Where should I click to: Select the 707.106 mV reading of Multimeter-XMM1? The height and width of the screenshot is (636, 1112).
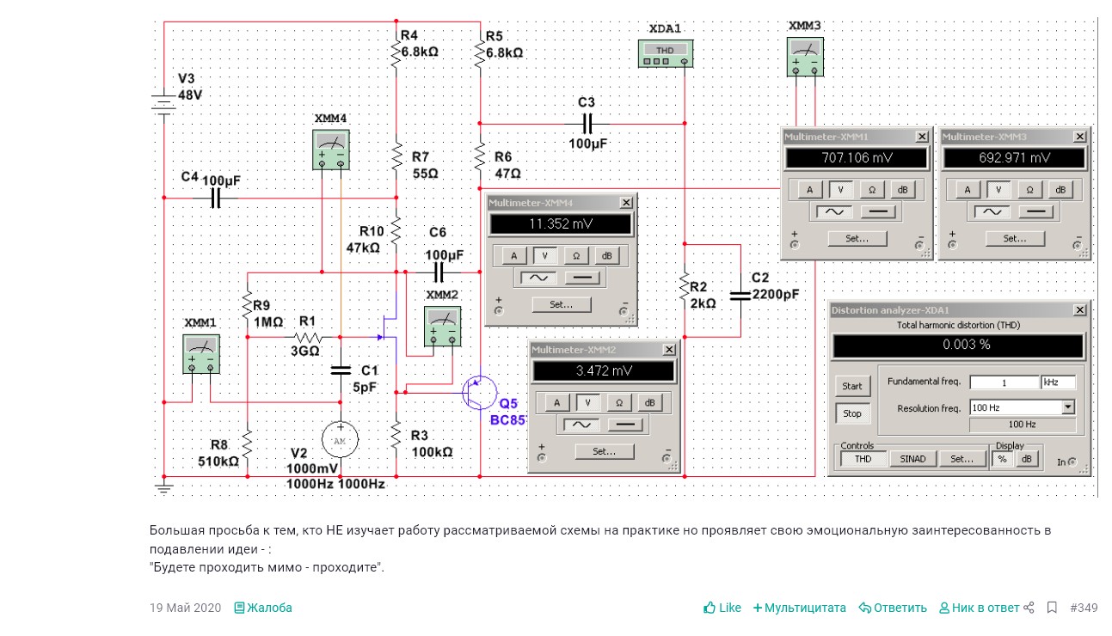(857, 158)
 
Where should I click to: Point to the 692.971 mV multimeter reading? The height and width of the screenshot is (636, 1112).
(1015, 158)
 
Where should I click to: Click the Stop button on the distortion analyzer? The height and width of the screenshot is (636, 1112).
(851, 413)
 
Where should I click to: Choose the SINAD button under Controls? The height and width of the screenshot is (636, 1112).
(912, 459)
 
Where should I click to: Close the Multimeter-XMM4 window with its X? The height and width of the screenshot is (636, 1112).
(626, 203)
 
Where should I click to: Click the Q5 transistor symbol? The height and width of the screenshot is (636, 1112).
(477, 393)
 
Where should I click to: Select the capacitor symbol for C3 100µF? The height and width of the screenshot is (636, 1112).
(587, 123)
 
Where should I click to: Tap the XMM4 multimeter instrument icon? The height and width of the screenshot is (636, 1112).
(331, 148)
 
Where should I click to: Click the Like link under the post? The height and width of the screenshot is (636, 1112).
(722, 608)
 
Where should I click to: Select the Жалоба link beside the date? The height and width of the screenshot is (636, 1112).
(263, 608)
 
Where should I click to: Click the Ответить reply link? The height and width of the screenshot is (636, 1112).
(893, 608)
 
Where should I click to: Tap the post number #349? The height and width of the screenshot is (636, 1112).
(1084, 608)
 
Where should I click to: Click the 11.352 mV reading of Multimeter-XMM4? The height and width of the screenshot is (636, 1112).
(560, 224)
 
